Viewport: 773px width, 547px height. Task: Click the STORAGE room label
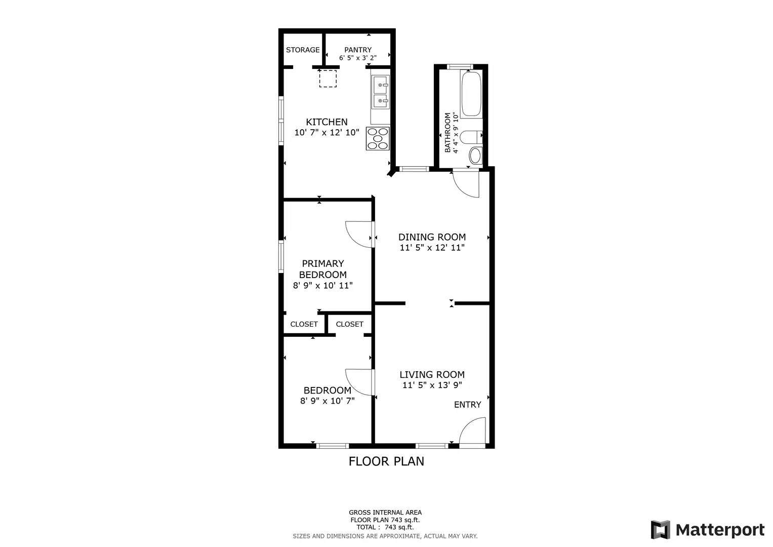(x=303, y=50)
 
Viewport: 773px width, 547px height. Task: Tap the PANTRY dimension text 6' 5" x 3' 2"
(x=358, y=58)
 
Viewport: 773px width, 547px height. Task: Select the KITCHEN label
(x=327, y=122)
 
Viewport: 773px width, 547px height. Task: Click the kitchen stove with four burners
(x=378, y=138)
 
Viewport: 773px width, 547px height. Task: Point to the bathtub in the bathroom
(x=471, y=94)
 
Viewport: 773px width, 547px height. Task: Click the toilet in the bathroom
(x=471, y=137)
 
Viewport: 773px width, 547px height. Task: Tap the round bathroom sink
(x=476, y=155)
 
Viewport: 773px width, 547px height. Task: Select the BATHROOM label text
(x=447, y=133)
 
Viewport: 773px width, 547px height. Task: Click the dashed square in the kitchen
(x=328, y=79)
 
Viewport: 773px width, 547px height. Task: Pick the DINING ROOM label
(x=432, y=237)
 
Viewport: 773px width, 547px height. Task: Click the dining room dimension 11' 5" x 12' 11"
(x=432, y=248)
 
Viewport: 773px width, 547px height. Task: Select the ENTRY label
(x=468, y=405)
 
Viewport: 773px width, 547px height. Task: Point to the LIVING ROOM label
(x=432, y=374)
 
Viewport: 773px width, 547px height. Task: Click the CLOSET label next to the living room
(x=350, y=324)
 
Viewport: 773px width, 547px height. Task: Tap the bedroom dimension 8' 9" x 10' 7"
(x=328, y=401)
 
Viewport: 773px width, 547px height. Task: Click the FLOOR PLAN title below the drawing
(x=387, y=461)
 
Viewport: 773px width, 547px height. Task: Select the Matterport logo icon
(x=661, y=530)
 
